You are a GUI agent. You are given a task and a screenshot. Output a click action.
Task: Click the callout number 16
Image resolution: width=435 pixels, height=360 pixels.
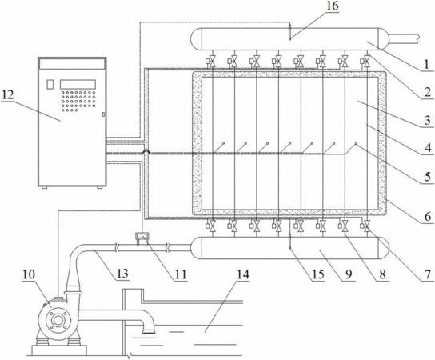pos(333,6)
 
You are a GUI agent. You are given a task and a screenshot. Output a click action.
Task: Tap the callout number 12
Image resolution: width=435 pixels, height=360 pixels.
pos(7,95)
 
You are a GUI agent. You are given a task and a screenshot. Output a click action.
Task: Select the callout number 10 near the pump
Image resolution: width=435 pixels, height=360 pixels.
pos(29,274)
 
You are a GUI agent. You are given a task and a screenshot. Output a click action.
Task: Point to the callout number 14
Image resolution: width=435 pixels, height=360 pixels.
pos(243,274)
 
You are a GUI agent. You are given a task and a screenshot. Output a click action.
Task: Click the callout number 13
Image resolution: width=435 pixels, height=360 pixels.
pos(122,274)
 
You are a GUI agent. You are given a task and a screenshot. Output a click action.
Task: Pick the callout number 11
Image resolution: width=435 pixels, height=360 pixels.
pos(181,274)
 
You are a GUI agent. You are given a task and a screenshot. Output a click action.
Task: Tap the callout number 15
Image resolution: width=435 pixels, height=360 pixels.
pos(318,274)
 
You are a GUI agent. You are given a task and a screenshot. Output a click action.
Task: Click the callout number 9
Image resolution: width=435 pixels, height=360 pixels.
pos(349,274)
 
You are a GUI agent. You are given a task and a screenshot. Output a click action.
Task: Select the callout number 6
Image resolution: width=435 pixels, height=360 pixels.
pos(428,216)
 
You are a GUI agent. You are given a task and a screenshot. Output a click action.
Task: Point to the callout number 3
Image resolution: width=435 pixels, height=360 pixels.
pos(428,120)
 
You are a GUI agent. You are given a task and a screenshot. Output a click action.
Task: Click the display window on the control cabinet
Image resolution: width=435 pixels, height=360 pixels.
pos(78,84)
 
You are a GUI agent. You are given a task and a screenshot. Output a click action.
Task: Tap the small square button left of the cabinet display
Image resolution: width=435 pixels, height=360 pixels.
pos(50,84)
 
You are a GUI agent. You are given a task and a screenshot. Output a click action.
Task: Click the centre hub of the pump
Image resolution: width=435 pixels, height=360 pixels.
pos(58,321)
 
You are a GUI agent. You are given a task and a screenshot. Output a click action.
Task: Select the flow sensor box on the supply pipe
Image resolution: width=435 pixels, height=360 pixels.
pos(142,236)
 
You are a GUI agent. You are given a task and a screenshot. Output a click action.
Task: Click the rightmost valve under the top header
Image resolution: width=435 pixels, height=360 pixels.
pos(367,61)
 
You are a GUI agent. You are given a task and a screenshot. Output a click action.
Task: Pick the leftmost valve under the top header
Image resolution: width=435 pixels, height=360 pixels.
pos(212,61)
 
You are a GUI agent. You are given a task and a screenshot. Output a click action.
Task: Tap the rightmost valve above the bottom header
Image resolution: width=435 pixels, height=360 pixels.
pos(367,226)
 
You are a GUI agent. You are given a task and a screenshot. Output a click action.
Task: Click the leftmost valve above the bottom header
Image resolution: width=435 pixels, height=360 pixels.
pos(212,226)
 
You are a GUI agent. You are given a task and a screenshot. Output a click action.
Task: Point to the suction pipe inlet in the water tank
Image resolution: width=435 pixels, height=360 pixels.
pos(149,330)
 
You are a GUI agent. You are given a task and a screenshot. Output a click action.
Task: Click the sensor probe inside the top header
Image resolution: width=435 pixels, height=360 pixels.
pos(289,32)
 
